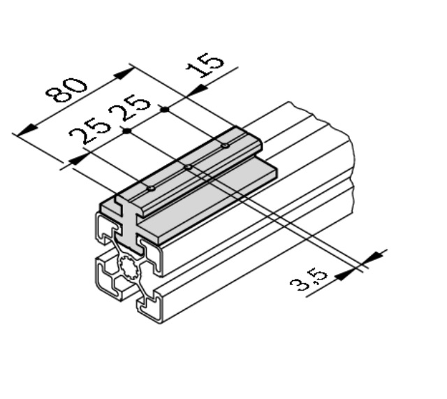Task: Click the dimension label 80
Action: [66, 90]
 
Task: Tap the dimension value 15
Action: [204, 65]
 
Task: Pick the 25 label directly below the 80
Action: [90, 132]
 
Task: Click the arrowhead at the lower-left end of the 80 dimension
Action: [27, 132]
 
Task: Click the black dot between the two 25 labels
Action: [127, 131]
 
